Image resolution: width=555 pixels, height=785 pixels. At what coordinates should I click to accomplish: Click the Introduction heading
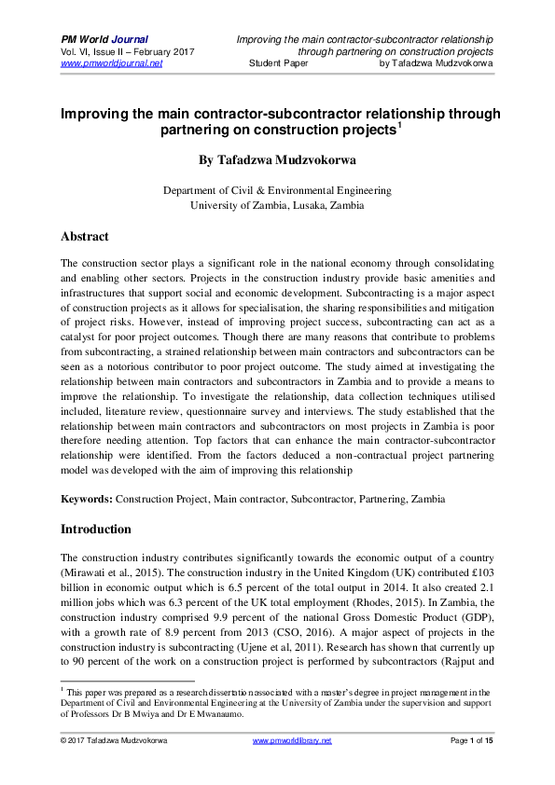96,530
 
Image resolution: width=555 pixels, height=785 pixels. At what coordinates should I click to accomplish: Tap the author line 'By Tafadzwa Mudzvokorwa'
277,159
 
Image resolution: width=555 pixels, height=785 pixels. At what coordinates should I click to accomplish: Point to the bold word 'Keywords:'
87,500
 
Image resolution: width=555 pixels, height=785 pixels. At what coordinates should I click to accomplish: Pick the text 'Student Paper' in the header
280,64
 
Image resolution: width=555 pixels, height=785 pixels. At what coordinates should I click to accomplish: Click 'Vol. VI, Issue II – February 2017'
128,52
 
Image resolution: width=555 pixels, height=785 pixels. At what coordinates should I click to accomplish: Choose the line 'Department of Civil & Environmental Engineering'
277,190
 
